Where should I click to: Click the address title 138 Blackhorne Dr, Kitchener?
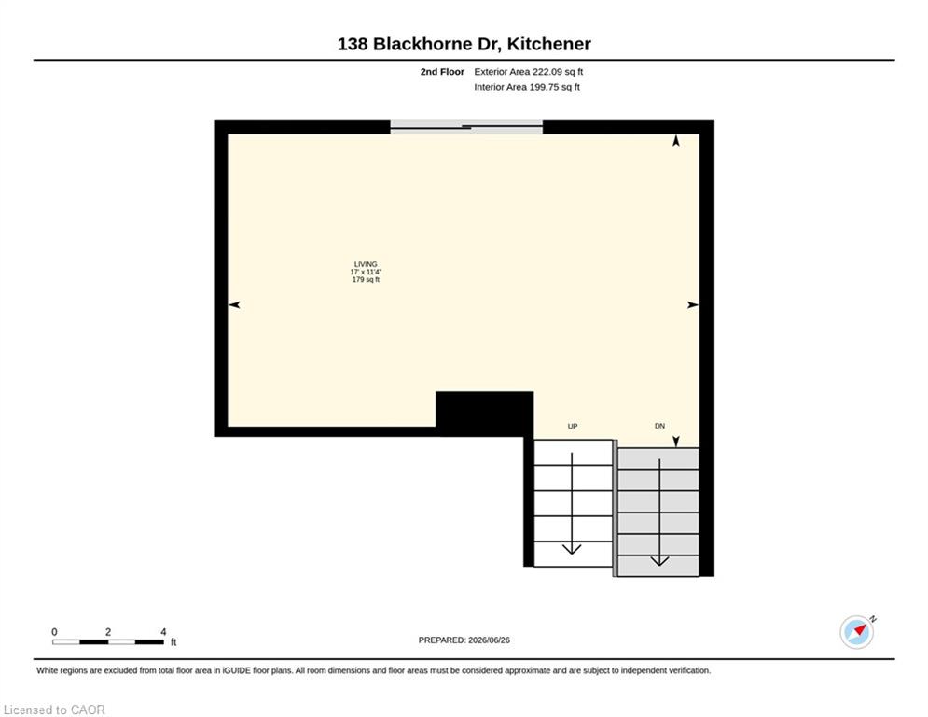click(x=464, y=44)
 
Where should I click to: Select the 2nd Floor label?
click(x=442, y=72)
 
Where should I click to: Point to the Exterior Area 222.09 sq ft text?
click(x=529, y=72)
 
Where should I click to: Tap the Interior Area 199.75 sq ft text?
click(x=527, y=87)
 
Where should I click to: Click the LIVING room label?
click(x=366, y=264)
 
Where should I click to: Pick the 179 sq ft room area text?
click(x=366, y=280)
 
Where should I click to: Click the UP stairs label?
click(x=573, y=426)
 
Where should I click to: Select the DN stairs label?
click(x=660, y=426)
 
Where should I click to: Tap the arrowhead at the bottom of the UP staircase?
click(x=572, y=549)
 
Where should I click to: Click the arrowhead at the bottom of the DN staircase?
click(x=659, y=560)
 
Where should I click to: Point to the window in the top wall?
click(x=466, y=127)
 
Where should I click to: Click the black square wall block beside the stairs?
click(x=485, y=414)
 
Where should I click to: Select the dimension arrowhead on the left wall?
click(x=234, y=304)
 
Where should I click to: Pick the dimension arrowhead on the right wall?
click(x=693, y=304)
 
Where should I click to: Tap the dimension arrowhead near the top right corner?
click(x=676, y=140)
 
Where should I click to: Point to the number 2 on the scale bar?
click(x=107, y=632)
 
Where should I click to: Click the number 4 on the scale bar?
click(x=163, y=632)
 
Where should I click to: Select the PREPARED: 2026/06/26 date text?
click(x=464, y=640)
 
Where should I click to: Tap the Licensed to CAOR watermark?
click(x=54, y=710)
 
